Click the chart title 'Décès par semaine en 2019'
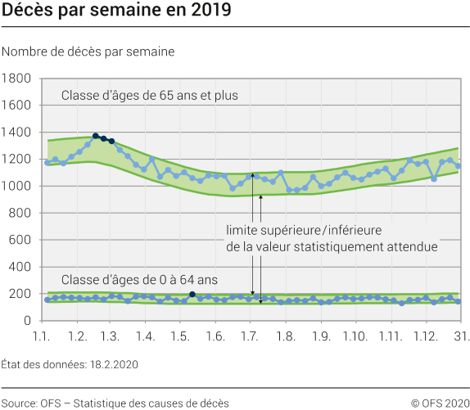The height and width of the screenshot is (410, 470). [x=115, y=12]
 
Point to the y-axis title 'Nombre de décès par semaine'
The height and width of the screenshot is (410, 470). [x=88, y=52]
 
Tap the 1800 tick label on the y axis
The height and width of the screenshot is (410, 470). [x=17, y=79]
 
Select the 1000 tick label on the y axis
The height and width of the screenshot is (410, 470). [x=17, y=186]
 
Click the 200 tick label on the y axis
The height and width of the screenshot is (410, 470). [x=20, y=294]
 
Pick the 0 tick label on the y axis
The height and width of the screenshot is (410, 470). [x=27, y=321]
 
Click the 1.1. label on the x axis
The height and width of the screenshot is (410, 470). [x=43, y=336]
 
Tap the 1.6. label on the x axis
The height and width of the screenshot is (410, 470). [x=215, y=336]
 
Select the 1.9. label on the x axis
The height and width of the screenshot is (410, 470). [x=320, y=336]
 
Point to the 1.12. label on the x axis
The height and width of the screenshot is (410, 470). [x=425, y=336]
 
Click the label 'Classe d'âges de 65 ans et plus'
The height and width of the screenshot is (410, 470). [x=149, y=96]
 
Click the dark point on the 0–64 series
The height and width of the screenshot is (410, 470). [x=192, y=294]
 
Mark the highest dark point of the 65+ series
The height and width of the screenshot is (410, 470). [x=96, y=136]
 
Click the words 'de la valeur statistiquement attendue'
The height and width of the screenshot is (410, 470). [x=332, y=246]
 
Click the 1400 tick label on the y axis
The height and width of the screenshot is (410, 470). [x=17, y=133]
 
